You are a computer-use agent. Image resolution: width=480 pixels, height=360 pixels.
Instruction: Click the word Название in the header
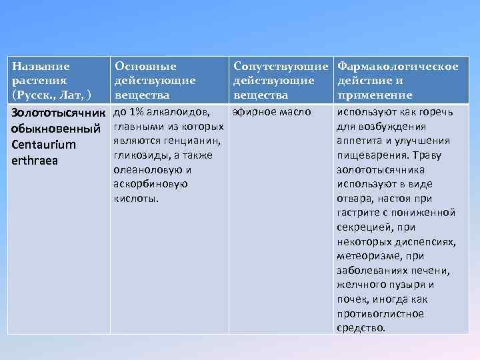point(41,67)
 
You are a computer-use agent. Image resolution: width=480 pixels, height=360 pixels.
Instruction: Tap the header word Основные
point(145,67)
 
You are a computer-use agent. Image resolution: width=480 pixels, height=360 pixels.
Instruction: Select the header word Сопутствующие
point(281,67)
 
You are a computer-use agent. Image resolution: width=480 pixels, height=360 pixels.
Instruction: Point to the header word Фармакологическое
point(398,67)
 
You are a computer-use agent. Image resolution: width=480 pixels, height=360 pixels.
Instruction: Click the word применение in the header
point(375,95)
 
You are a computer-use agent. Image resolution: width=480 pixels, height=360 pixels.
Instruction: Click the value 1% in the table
point(137,111)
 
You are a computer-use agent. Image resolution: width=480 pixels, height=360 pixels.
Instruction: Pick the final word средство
point(361,327)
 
